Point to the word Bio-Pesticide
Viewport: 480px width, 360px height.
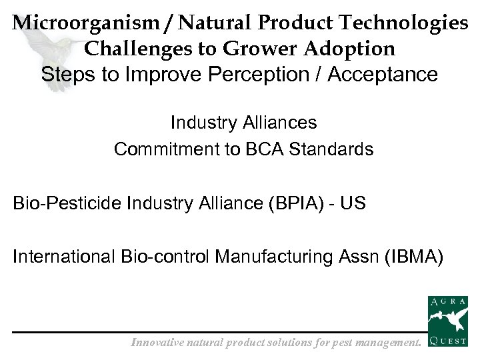(66, 203)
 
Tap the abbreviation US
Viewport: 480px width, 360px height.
(352, 203)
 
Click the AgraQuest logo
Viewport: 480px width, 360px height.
(447, 323)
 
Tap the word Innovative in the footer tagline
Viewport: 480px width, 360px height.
(159, 343)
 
